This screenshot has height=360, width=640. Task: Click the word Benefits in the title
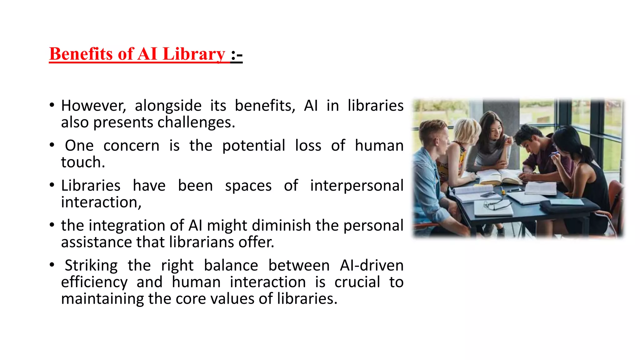[81, 54]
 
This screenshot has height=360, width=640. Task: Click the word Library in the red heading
[194, 54]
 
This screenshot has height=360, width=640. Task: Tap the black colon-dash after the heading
[237, 55]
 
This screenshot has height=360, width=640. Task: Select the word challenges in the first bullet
[196, 122]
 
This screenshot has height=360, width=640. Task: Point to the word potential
[253, 146]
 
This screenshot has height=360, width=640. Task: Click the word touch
[83, 162]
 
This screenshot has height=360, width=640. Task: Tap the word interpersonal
[357, 186]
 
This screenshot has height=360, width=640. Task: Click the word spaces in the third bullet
[248, 186]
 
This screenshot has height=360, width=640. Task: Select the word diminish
[281, 226]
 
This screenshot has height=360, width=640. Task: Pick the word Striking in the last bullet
[91, 266]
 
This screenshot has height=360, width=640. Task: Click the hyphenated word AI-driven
[372, 266]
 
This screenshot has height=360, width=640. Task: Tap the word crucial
[357, 282]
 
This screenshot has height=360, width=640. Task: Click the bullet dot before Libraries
[52, 185]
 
